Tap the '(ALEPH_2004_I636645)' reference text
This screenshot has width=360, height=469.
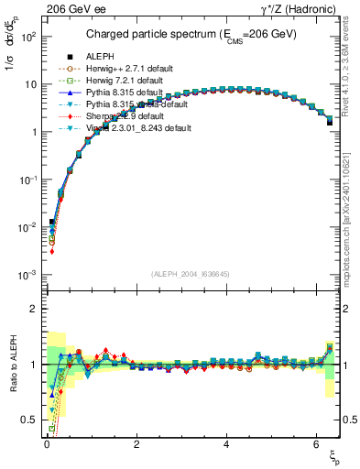191,274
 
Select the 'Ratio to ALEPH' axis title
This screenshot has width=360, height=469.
13,365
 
